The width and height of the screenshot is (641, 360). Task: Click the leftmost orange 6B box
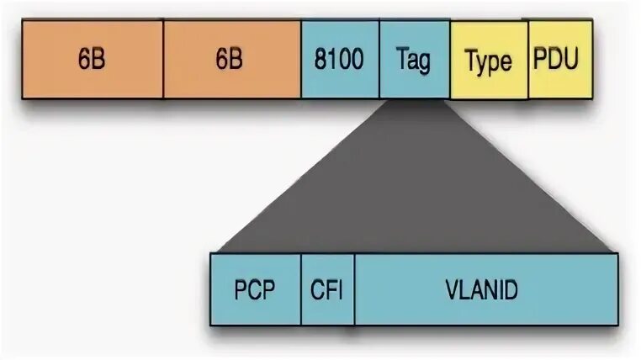pyautogui.click(x=93, y=61)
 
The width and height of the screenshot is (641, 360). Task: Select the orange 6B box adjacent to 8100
pyautogui.click(x=231, y=61)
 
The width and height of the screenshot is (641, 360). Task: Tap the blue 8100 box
pyautogui.click(x=340, y=61)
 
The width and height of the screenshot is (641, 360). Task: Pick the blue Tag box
pyautogui.click(x=414, y=61)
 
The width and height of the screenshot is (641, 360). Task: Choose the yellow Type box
pyautogui.click(x=489, y=61)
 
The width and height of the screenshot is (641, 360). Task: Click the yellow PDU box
pyautogui.click(x=560, y=61)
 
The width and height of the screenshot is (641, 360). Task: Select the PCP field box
pyautogui.click(x=256, y=289)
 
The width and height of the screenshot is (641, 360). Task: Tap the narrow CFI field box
pyautogui.click(x=327, y=289)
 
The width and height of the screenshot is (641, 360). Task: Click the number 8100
pyautogui.click(x=340, y=61)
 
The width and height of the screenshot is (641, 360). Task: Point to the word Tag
pyautogui.click(x=414, y=61)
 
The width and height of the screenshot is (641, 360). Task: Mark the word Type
pyautogui.click(x=489, y=61)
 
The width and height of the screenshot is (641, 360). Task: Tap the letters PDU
pyautogui.click(x=560, y=60)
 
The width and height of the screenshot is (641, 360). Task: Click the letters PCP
pyautogui.click(x=256, y=290)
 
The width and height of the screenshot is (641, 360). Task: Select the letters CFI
pyautogui.click(x=327, y=290)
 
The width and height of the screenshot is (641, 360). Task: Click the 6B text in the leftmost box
pyautogui.click(x=93, y=61)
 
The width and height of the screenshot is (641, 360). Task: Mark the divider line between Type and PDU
pyautogui.click(x=528, y=61)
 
